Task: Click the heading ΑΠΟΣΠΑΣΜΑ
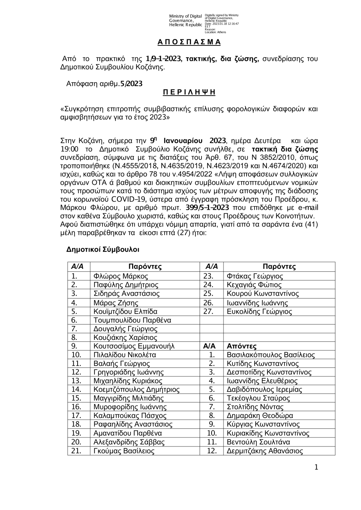[x=189, y=42]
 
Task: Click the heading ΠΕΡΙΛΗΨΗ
[x=189, y=92]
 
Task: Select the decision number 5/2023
[x=132, y=84]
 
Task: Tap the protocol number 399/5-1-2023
[x=207, y=208]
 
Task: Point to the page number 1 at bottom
[x=316, y=467]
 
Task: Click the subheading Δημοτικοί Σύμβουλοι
[x=103, y=250]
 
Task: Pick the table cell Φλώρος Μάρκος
[x=121, y=276]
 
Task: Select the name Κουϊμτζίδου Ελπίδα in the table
[x=125, y=311]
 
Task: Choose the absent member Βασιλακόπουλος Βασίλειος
[x=270, y=355]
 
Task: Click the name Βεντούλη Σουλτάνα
[x=258, y=442]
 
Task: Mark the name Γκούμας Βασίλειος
[x=124, y=451]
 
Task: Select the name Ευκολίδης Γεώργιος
[x=259, y=311]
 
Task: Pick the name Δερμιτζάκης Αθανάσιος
[x=264, y=451]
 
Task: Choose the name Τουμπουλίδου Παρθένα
[x=132, y=320]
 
